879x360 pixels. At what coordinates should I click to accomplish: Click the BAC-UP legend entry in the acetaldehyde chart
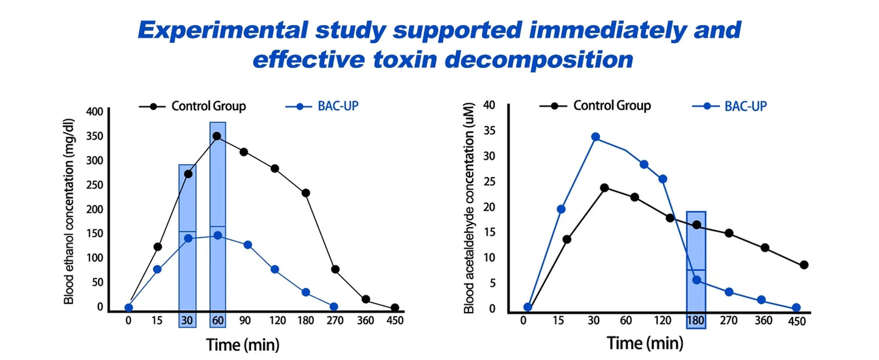coord(745,106)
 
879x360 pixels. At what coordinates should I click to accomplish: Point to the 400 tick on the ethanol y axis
coord(95,111)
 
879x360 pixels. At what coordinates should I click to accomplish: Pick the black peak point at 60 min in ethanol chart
coord(217,136)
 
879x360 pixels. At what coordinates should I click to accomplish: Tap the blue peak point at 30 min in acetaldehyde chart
coord(596,137)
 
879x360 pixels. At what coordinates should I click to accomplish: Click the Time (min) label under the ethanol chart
coord(243,345)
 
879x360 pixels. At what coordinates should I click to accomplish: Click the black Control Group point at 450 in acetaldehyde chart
coord(804,265)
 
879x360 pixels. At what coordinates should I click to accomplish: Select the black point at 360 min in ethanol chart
coord(366,299)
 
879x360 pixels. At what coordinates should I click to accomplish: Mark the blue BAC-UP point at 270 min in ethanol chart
coord(333,306)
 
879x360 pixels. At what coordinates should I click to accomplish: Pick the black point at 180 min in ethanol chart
coord(306,193)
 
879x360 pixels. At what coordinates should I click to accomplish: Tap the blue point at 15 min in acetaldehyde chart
coord(561,209)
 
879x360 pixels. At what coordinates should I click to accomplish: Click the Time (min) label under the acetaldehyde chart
coord(645,343)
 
